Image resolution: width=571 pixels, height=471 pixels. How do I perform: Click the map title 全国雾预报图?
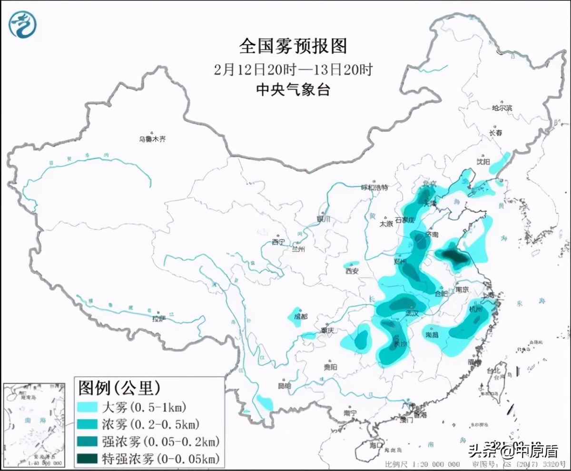(x=293, y=46)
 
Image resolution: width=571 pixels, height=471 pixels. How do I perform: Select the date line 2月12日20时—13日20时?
(x=293, y=70)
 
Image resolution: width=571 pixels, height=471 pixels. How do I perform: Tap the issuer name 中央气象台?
(x=293, y=89)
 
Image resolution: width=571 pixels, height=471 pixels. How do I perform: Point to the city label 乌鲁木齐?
(x=152, y=139)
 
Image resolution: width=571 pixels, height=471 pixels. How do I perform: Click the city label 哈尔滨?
(x=502, y=108)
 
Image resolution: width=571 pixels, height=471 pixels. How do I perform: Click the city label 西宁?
(x=277, y=242)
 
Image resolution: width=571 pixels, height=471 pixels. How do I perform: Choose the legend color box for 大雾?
(x=87, y=407)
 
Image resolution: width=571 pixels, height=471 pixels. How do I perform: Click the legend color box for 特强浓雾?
(x=87, y=459)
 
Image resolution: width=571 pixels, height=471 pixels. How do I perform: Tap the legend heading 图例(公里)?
(x=119, y=388)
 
